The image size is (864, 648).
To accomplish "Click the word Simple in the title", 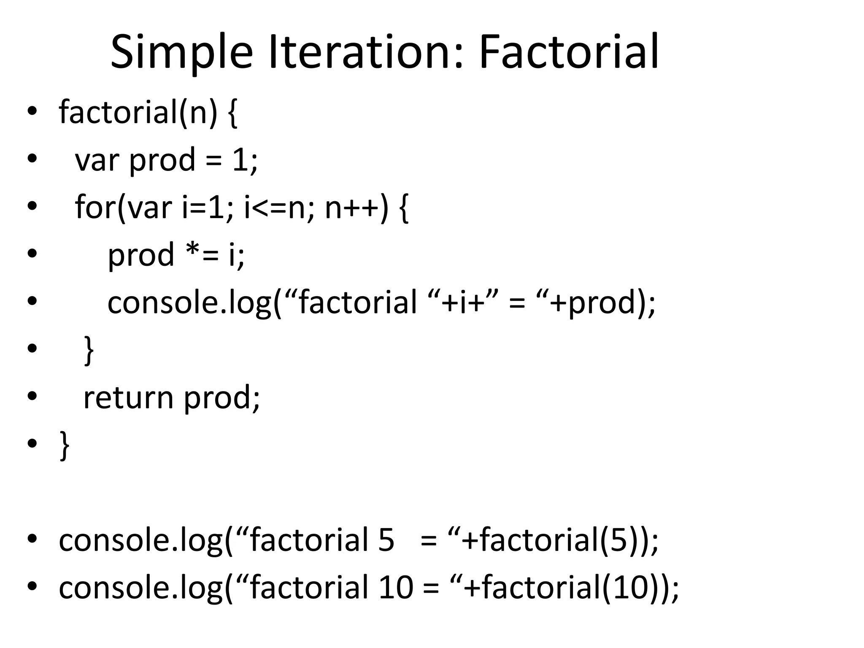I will tap(181, 52).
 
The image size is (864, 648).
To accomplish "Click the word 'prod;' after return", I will tap(222, 398).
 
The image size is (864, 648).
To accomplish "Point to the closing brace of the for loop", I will tap(89, 350).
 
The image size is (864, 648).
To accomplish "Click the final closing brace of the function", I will tap(65, 445).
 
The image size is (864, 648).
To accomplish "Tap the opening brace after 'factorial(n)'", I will tap(232, 113).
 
